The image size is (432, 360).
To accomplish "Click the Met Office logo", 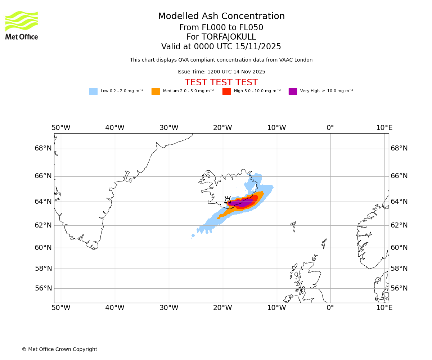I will pos(22,25).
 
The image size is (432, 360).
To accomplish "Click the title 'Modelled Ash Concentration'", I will pos(221,17).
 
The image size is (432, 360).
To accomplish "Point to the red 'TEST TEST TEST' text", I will pos(221,83).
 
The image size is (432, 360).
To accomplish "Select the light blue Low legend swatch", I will pos(93,91).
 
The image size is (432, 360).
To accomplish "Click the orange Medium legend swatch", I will pos(156,91).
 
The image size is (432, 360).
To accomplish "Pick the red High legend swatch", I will pos(226,91).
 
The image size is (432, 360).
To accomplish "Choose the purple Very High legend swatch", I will pos(293,91).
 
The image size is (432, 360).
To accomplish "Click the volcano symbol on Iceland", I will pos(228,200).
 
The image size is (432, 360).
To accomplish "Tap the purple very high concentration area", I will pos(243,203).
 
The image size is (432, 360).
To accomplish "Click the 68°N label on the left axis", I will pos(43,148).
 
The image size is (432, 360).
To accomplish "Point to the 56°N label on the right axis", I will pos(399,288).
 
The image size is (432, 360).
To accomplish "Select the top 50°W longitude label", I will pos(61,128).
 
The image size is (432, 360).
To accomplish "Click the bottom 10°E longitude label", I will pos(384,308).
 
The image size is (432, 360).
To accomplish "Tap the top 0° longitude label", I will pos(330,128).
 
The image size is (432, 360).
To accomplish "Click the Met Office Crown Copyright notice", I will pos(59,350).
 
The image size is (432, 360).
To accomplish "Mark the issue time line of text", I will pos(221,72).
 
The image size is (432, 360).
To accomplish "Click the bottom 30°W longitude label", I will pos(169,308).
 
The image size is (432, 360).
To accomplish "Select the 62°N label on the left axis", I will pos(43,225).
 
